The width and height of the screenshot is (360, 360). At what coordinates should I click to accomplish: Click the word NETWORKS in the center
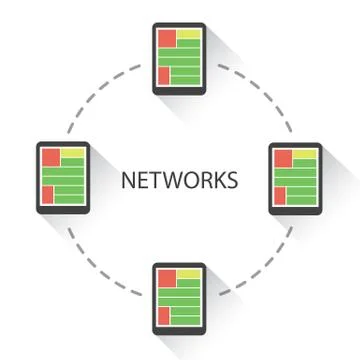click(x=179, y=181)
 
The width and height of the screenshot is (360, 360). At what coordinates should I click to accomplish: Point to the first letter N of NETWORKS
click(x=126, y=181)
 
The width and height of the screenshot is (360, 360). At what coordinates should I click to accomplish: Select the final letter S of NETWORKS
click(x=233, y=181)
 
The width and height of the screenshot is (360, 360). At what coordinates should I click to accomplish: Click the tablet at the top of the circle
click(x=179, y=58)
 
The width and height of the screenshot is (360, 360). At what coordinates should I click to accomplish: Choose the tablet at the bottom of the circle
click(x=179, y=298)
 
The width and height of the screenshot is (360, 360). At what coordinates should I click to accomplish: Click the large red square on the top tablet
click(x=164, y=39)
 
